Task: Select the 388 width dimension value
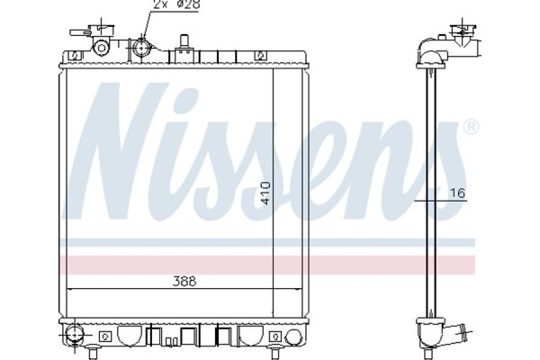(x=184, y=281)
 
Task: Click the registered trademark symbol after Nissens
(x=470, y=130)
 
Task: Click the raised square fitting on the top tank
(x=184, y=42)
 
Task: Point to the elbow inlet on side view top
(x=434, y=52)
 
